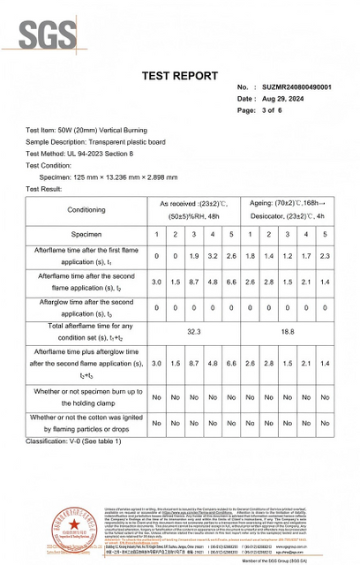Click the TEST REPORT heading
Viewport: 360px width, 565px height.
click(179, 76)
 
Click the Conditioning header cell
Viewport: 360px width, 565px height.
click(86, 209)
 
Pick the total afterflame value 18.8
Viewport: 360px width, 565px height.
click(287, 331)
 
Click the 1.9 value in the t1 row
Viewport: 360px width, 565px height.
click(194, 255)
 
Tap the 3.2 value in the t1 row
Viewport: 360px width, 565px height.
click(213, 255)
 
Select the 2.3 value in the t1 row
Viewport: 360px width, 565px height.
click(325, 255)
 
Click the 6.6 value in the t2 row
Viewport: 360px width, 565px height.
click(231, 282)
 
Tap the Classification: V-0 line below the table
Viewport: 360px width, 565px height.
click(74, 441)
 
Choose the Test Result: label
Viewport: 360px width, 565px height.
click(44, 189)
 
